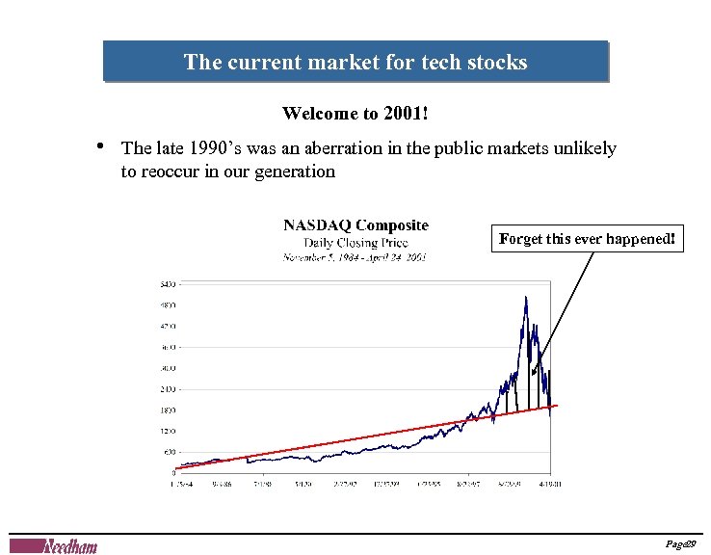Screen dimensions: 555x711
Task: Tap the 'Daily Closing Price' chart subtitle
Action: pos(355,243)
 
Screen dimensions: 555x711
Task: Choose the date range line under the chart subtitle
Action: pos(355,257)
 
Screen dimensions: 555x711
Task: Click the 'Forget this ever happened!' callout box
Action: pos(589,239)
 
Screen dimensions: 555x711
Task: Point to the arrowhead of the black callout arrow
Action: pos(533,372)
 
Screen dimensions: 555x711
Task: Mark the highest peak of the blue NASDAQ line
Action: pos(525,298)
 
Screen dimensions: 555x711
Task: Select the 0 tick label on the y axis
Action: pos(172,472)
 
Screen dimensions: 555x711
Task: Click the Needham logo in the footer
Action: pos(67,546)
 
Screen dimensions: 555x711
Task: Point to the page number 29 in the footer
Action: pos(689,545)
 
